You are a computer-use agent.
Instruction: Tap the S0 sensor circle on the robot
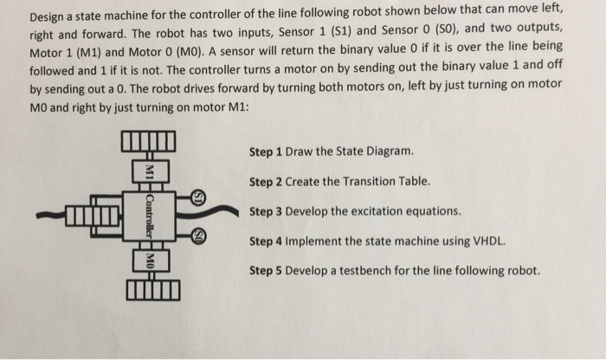[x=198, y=234]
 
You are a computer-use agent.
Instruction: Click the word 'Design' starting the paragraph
[x=48, y=17]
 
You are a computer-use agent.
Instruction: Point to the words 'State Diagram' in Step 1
[x=377, y=152]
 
